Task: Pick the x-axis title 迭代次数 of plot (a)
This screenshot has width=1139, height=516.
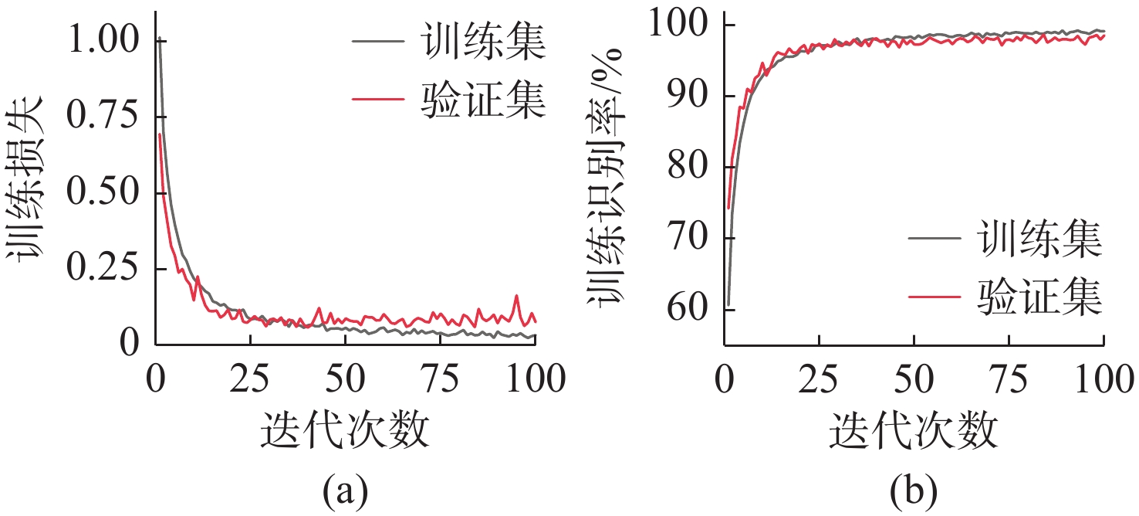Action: (345, 429)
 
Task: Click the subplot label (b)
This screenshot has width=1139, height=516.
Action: (914, 488)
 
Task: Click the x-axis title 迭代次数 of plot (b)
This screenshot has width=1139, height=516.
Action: (914, 429)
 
